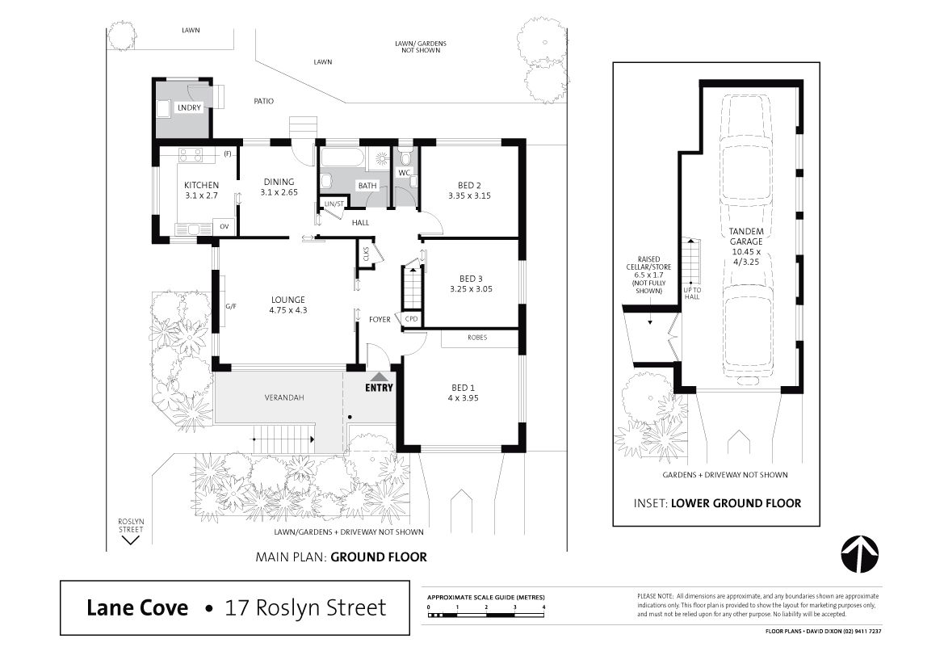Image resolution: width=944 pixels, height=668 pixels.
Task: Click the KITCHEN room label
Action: point(201,185)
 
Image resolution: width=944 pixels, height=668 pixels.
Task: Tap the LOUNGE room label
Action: point(287,300)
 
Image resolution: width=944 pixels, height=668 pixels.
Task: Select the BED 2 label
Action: point(470,186)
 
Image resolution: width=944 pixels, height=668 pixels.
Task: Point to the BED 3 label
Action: point(471,279)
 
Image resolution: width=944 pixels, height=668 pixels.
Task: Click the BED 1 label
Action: point(463,388)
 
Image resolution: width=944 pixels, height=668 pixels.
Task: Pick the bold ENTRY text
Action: point(379,388)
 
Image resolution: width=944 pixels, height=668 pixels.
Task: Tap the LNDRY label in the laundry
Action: point(189,107)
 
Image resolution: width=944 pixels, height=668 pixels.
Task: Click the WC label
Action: point(404,173)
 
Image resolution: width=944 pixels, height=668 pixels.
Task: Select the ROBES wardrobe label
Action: point(477,338)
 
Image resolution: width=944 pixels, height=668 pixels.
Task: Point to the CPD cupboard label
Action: point(412,318)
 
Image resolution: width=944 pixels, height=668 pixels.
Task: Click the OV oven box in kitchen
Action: point(224,227)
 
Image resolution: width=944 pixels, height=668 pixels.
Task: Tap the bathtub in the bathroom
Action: point(342,158)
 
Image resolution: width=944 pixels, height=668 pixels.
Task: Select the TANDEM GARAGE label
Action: point(746,236)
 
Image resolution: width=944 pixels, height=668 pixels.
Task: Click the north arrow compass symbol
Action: point(860,553)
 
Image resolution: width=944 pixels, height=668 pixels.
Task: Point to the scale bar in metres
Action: point(486,615)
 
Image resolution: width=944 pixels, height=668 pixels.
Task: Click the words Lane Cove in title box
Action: point(137,607)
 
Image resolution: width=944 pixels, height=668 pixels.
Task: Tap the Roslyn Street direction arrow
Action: point(131,540)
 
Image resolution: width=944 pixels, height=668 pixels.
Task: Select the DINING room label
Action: point(279,182)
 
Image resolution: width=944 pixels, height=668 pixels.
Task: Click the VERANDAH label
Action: point(284,397)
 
